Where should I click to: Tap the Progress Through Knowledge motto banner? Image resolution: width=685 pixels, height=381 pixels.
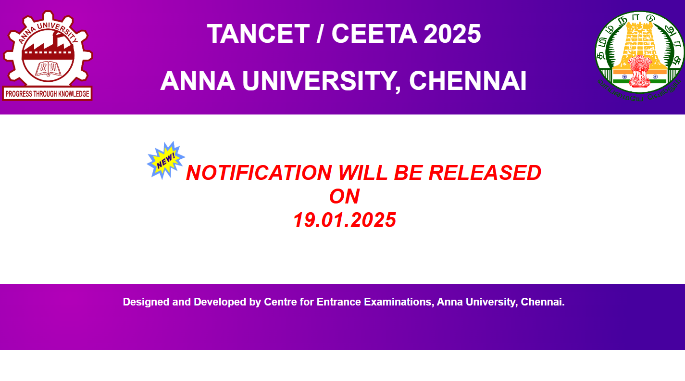(47, 94)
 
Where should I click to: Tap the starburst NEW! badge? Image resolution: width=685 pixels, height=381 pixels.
(166, 161)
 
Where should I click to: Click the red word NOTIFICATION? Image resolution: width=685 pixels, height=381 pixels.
(259, 173)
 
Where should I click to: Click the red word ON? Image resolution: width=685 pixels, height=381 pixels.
(344, 196)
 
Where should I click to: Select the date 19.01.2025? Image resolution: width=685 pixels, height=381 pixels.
(344, 220)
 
